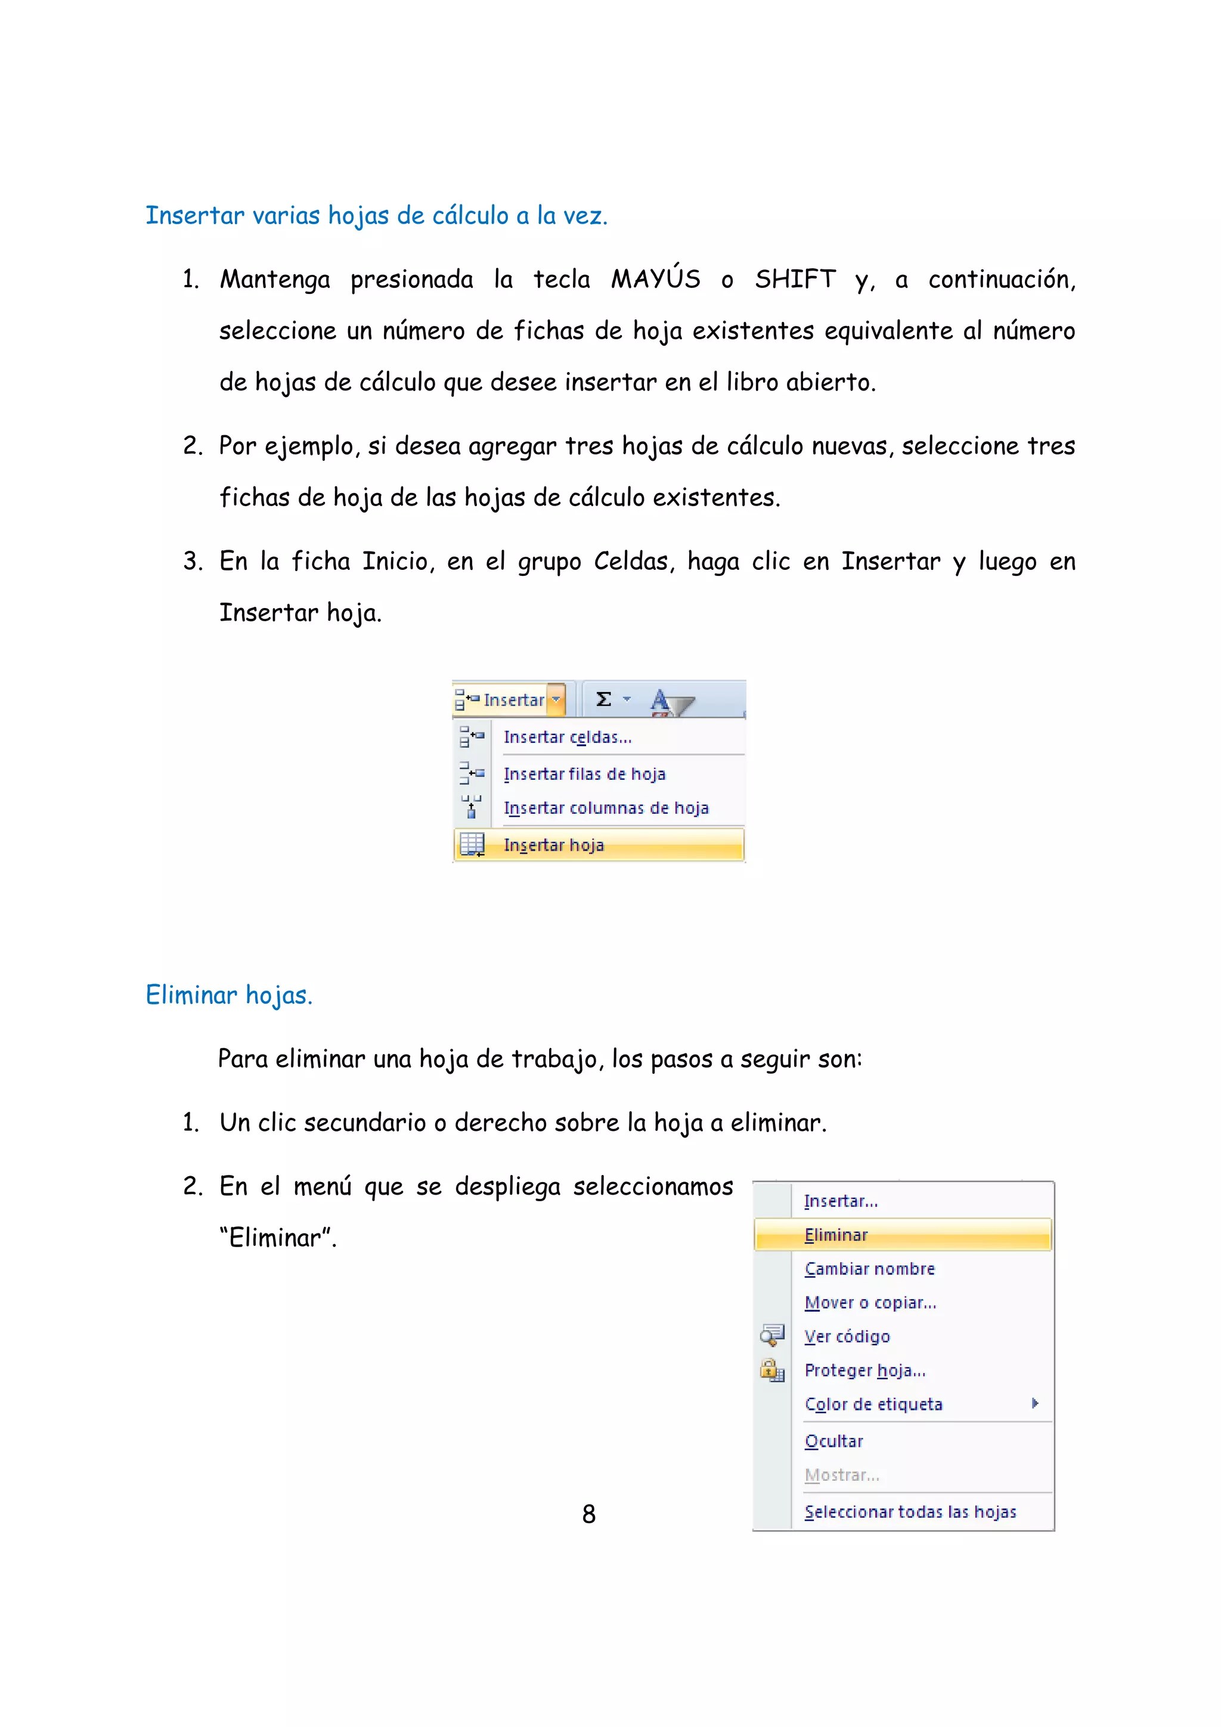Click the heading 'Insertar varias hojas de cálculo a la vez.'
(376, 216)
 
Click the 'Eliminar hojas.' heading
(229, 995)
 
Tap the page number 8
(589, 1514)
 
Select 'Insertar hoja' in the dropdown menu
(554, 845)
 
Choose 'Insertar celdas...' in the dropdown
(567, 737)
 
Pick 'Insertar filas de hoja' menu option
(584, 774)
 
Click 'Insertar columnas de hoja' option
(606, 808)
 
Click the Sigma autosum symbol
(603, 699)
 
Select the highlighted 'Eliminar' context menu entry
(836, 1235)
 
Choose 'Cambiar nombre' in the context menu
(870, 1269)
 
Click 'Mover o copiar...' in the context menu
(870, 1303)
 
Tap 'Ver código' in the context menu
(847, 1337)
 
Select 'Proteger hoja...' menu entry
(865, 1371)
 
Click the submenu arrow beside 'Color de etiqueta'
(1035, 1403)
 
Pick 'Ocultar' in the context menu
(833, 1441)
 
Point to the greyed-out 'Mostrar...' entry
(842, 1475)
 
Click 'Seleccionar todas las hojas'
(910, 1512)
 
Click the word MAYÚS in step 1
(655, 279)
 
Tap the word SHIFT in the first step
(795, 279)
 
